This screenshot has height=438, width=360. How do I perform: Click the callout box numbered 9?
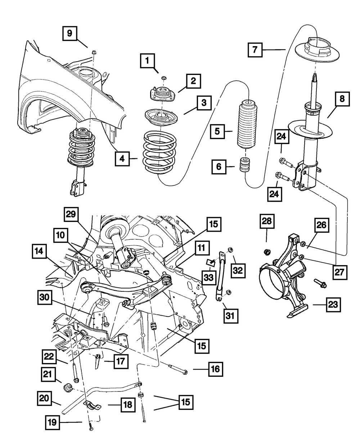pos(69,34)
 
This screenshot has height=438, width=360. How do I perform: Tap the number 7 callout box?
pos(255,50)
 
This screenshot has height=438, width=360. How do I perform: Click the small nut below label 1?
pos(163,79)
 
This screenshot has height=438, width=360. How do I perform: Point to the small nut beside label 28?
pos(267,251)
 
